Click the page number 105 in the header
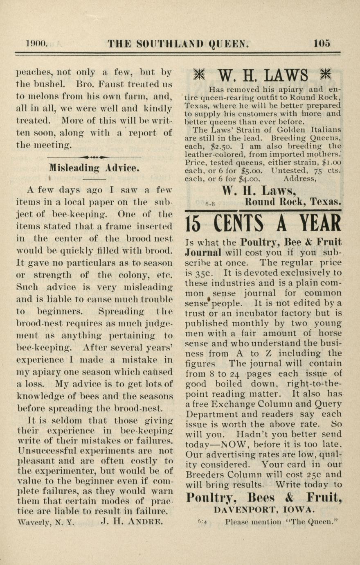click(x=322, y=43)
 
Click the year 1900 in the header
click(x=37, y=43)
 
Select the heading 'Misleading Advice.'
click(x=94, y=168)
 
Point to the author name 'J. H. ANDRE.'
click(x=132, y=522)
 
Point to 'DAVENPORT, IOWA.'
click(x=264, y=510)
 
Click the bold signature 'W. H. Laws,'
click(x=259, y=190)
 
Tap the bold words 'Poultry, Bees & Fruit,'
click(x=264, y=497)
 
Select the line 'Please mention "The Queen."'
click(x=282, y=522)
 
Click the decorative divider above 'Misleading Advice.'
click(x=94, y=157)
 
